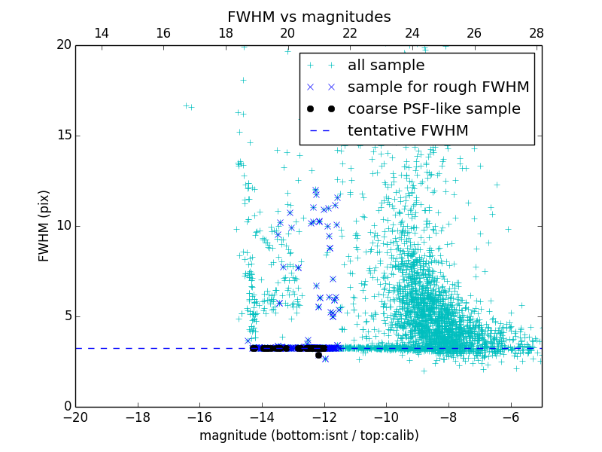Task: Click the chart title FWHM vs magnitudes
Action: [309, 17]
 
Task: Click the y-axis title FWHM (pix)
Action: [44, 226]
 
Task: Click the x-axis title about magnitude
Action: [309, 435]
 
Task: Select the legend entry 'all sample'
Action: [386, 66]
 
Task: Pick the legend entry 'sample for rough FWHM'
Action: [438, 87]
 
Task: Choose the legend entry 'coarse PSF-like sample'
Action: [433, 109]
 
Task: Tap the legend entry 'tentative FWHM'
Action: [408, 131]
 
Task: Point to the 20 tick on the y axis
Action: [62, 45]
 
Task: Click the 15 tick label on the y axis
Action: [62, 136]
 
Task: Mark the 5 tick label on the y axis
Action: [66, 316]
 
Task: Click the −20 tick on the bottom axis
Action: [75, 417]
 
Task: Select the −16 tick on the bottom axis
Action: [199, 417]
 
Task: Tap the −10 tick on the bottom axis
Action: [386, 417]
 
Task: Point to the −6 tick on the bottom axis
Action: [511, 417]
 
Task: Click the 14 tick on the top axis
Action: [101, 34]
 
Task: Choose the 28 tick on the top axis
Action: [537, 34]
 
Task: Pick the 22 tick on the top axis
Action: [350, 34]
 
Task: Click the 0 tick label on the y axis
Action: [66, 407]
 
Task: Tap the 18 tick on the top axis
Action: [226, 34]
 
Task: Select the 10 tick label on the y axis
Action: [62, 226]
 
